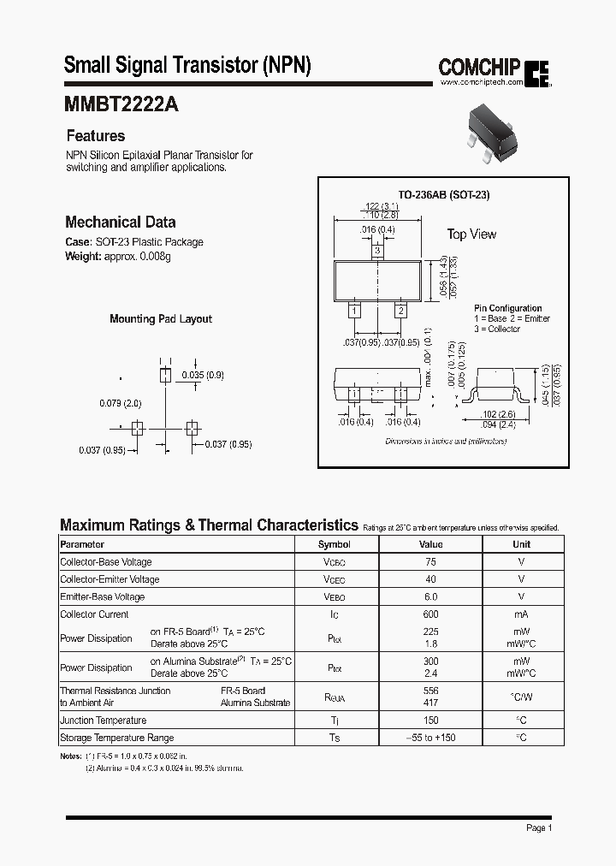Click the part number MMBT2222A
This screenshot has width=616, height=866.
pyautogui.click(x=121, y=104)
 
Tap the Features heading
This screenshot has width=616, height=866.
pyautogui.click(x=96, y=136)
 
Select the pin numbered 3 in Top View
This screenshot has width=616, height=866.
pyautogui.click(x=376, y=252)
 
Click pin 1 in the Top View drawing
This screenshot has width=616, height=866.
pyautogui.click(x=353, y=311)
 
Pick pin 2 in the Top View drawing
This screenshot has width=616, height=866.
pyautogui.click(x=400, y=311)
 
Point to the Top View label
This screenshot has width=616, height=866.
pyautogui.click(x=471, y=234)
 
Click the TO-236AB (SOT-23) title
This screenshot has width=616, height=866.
pyautogui.click(x=444, y=195)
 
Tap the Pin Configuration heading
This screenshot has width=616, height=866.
pyautogui.click(x=508, y=308)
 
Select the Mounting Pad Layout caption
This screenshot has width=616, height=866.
pyautogui.click(x=161, y=319)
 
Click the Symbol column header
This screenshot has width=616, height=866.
pyautogui.click(x=335, y=544)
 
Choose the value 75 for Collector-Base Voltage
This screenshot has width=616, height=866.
pyautogui.click(x=430, y=562)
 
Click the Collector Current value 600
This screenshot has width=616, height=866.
pyautogui.click(x=430, y=614)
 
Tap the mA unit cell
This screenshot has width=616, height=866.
pyautogui.click(x=521, y=614)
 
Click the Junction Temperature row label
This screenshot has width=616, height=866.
pyautogui.click(x=104, y=721)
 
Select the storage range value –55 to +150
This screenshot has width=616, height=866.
pyautogui.click(x=430, y=738)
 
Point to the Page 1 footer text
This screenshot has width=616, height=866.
pyautogui.click(x=539, y=828)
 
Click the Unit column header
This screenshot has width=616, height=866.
pyautogui.click(x=521, y=544)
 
